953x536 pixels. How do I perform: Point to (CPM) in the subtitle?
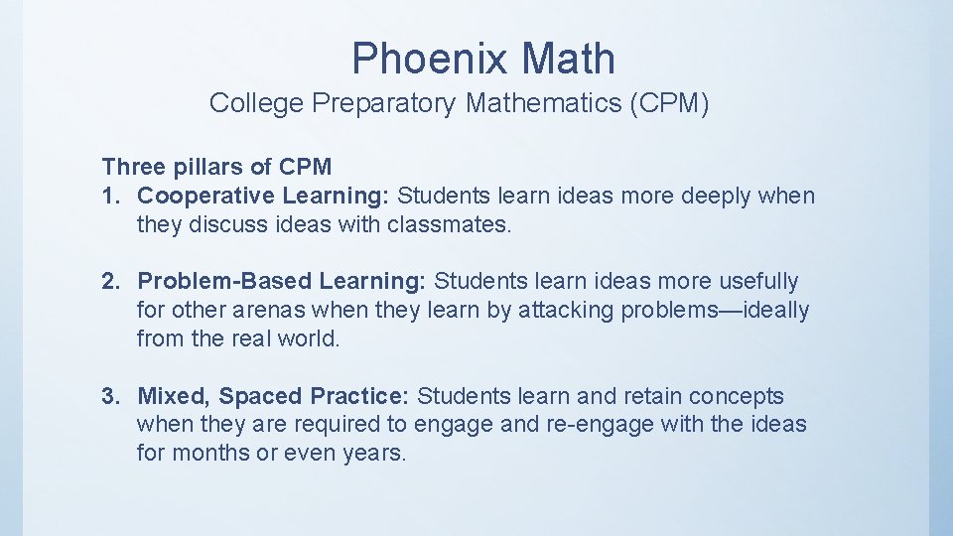(x=669, y=103)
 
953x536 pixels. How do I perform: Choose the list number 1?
(x=109, y=196)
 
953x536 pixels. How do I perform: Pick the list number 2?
(x=109, y=282)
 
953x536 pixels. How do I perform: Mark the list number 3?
(x=109, y=396)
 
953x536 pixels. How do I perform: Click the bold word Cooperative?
(x=206, y=196)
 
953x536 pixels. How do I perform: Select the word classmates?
(x=453, y=224)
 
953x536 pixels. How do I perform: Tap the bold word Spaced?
(x=261, y=396)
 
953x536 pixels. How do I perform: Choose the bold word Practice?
(x=359, y=396)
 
